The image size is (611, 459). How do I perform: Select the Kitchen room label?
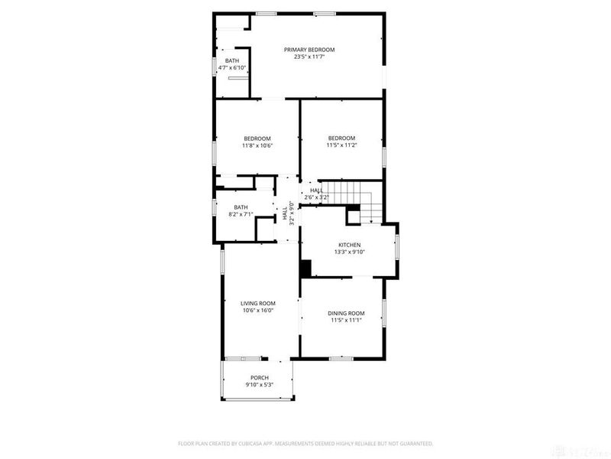pyautogui.click(x=350, y=245)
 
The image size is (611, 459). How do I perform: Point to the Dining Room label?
pyautogui.click(x=346, y=313)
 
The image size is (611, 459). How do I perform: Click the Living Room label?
pyautogui.click(x=257, y=304)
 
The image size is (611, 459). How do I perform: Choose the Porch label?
pyautogui.click(x=260, y=378)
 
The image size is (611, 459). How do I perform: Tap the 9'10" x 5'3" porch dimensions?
pyautogui.click(x=260, y=385)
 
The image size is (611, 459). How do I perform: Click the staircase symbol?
pyautogui.click(x=357, y=199)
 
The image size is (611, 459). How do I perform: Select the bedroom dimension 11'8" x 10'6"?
pyautogui.click(x=257, y=145)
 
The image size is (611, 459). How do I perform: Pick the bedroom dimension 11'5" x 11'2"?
pyautogui.click(x=342, y=145)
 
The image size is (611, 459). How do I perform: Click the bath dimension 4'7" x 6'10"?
pyautogui.click(x=231, y=67)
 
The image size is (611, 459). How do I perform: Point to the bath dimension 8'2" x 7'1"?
pyautogui.click(x=241, y=214)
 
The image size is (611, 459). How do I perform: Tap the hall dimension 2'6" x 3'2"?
pyautogui.click(x=316, y=197)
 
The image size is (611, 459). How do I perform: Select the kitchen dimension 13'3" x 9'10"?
pyautogui.click(x=350, y=252)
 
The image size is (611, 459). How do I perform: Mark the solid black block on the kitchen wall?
pyautogui.click(x=305, y=269)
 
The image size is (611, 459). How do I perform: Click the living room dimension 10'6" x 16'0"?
pyautogui.click(x=257, y=311)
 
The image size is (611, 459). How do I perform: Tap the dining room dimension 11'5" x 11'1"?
pyautogui.click(x=346, y=320)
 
